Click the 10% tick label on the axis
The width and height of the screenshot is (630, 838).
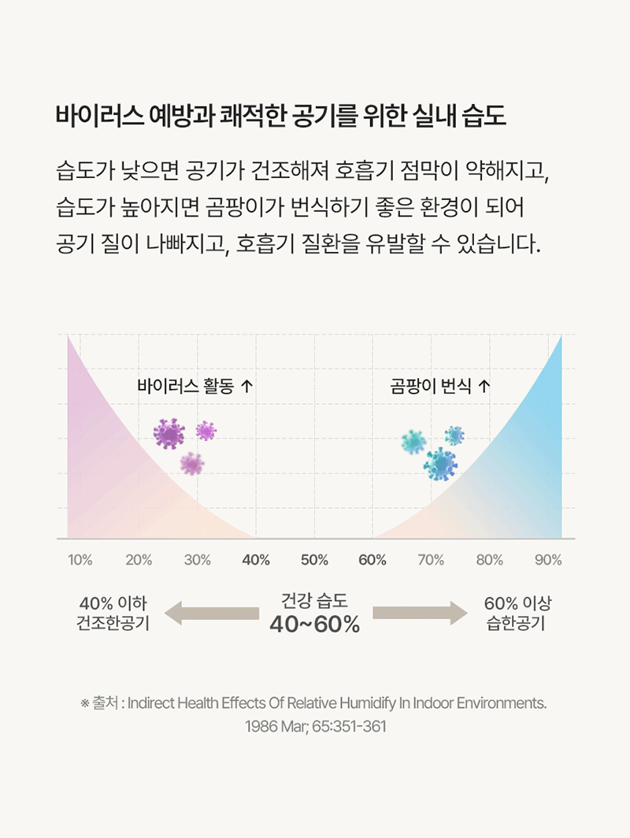80,560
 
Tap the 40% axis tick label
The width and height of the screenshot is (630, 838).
256,560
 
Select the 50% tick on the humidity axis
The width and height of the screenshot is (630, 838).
314,560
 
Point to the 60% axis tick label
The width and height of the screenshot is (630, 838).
372,560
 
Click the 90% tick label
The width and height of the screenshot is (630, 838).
548,560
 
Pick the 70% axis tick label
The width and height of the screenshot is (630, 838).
431,560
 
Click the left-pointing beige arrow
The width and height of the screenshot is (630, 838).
210,613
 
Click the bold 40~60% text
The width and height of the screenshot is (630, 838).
315,625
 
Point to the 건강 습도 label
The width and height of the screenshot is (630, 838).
315,601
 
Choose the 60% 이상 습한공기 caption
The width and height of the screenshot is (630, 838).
517,613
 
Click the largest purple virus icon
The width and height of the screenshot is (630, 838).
169,433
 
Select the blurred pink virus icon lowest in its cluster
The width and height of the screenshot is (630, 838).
191,464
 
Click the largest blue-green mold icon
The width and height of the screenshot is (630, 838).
440,464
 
